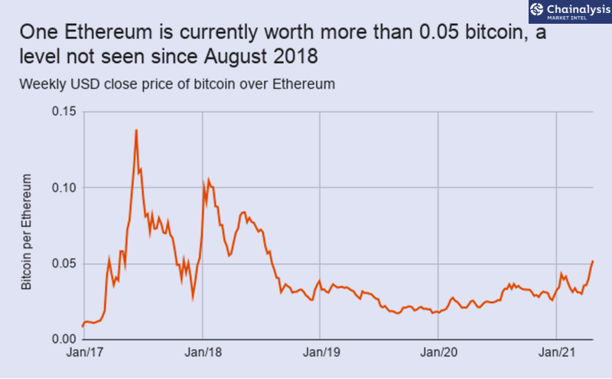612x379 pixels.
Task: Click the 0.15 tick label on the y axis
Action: coord(64,111)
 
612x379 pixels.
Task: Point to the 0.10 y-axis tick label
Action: coord(64,188)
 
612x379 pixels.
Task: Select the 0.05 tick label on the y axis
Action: coord(64,263)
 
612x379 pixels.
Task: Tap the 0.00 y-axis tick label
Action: coord(64,338)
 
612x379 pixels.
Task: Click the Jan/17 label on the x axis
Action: coord(85,352)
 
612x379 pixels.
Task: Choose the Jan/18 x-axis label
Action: coord(203,352)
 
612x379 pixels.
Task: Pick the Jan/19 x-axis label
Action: coord(321,352)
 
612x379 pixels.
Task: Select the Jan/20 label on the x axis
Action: coord(438,352)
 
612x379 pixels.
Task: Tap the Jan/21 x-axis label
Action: coord(557,352)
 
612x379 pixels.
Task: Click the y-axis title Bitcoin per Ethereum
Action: coord(26,232)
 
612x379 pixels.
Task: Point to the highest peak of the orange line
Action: coord(136,130)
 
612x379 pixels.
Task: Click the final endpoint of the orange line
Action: coord(593,261)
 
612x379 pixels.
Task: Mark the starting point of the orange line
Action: coord(83,326)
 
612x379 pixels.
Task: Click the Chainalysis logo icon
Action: coord(537,9)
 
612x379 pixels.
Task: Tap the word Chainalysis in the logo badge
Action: coord(578,9)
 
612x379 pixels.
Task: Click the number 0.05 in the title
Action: coord(438,32)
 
